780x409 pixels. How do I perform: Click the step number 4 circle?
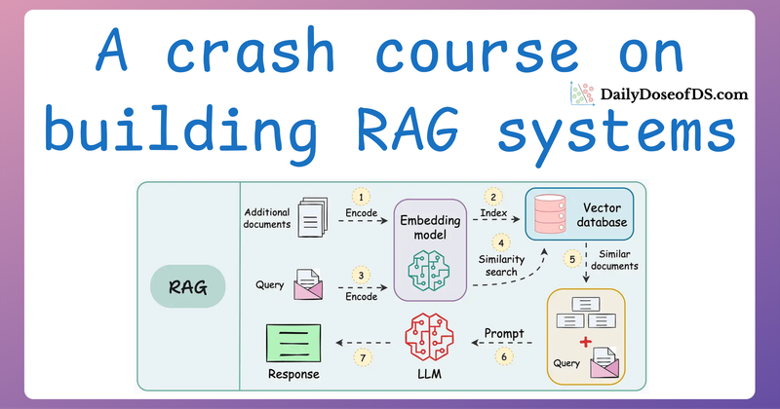click(501, 242)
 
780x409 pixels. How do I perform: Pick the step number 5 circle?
click(573, 259)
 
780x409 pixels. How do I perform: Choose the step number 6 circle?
click(505, 358)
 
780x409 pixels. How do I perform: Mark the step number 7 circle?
click(364, 358)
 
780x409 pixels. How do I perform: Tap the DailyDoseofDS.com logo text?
click(676, 95)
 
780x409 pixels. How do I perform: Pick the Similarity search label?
click(501, 266)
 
